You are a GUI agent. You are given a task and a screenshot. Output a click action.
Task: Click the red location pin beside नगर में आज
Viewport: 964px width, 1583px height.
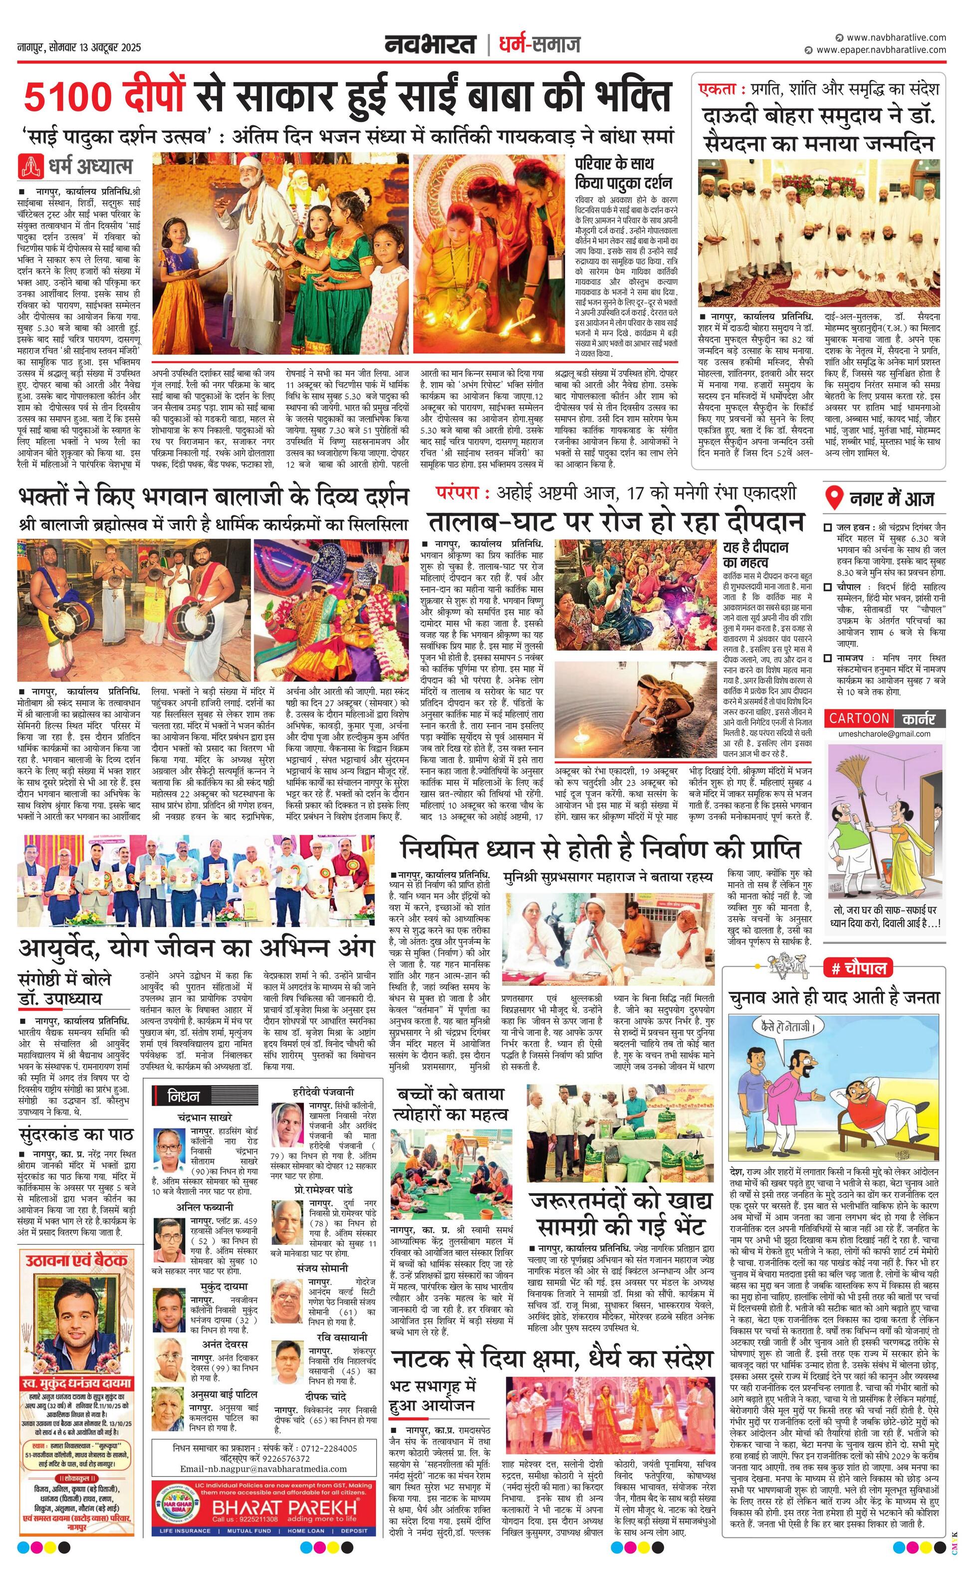(834, 498)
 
